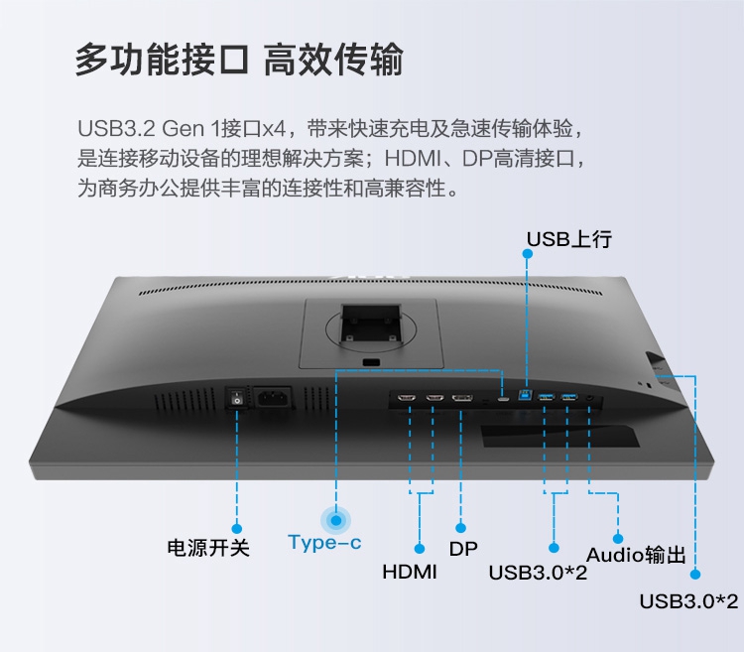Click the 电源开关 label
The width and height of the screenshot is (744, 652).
coord(207,548)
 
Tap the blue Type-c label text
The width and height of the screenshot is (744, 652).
coord(324,543)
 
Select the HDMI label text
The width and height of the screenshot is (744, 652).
coord(410,573)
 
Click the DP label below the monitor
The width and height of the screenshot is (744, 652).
coord(463,549)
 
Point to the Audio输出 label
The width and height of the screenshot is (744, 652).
coord(636,555)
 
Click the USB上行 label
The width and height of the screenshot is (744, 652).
coord(569,239)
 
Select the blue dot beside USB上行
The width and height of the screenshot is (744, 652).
coord(527,253)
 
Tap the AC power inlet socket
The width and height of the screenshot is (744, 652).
coord(273,398)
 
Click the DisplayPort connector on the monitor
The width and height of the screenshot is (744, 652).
coord(461,399)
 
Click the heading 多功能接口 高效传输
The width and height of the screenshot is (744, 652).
coord(238,60)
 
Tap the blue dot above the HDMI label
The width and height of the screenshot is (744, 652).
coord(421,548)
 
